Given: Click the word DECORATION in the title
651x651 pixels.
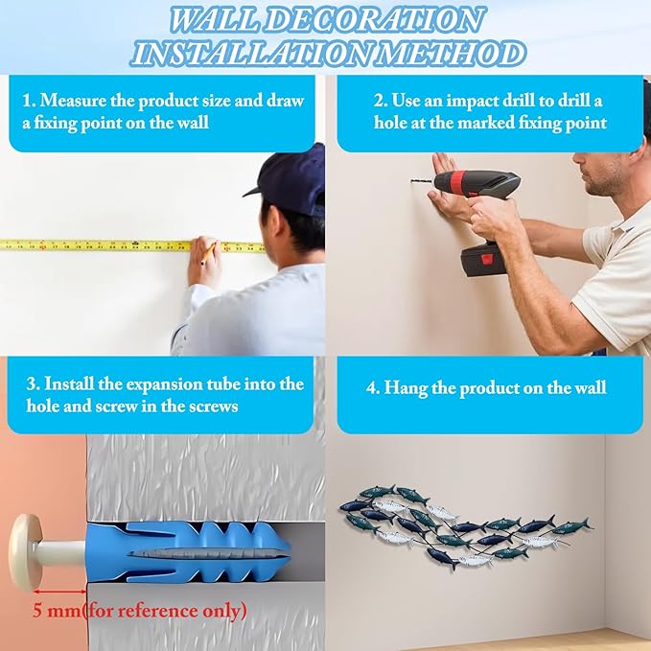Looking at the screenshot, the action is coord(376,19).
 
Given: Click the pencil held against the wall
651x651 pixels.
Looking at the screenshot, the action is coord(209,253).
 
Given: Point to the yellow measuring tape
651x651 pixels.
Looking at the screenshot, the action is coord(132,245).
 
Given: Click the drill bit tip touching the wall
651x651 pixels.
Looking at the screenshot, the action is coord(412,181).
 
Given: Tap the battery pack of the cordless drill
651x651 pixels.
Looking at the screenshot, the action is coord(483,261).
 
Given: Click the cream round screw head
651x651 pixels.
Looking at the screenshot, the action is coord(26,552).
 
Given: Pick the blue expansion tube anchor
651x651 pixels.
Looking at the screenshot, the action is coord(188,552).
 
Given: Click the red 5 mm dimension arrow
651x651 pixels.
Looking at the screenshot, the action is coord(59,592).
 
